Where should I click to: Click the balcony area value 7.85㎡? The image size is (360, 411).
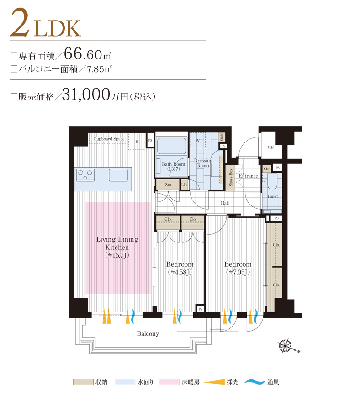[103, 69]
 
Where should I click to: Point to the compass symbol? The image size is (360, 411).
[286, 346]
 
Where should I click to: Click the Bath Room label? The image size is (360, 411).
[173, 166]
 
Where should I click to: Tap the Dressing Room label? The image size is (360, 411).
[203, 163]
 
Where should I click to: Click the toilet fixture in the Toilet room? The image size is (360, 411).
[273, 183]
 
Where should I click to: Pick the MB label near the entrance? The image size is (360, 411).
[270, 147]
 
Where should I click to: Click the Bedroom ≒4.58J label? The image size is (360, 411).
[180, 268]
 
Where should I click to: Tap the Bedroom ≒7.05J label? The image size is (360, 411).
[238, 268]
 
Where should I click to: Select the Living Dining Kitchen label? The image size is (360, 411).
[117, 247]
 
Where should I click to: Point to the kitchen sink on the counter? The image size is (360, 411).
[118, 174]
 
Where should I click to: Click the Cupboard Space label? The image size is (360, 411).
[109, 139]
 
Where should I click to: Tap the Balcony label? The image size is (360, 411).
[148, 334]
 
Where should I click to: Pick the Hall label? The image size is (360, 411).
[225, 203]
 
